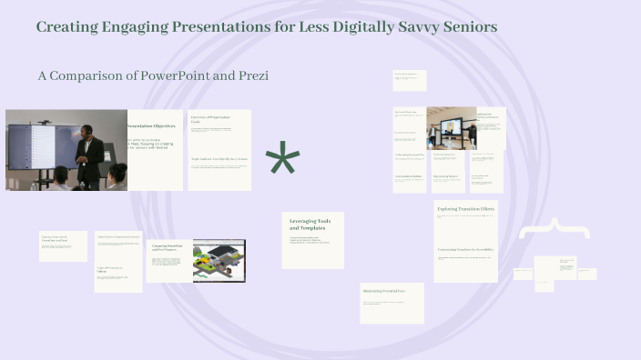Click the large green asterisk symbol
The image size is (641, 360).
(282, 162)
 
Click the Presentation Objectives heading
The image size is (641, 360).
(150, 125)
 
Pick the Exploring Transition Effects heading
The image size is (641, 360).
(465, 209)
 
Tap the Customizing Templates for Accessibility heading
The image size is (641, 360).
(464, 249)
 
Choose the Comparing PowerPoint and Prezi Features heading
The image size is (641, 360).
(167, 247)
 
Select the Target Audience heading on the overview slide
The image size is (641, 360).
(219, 160)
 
